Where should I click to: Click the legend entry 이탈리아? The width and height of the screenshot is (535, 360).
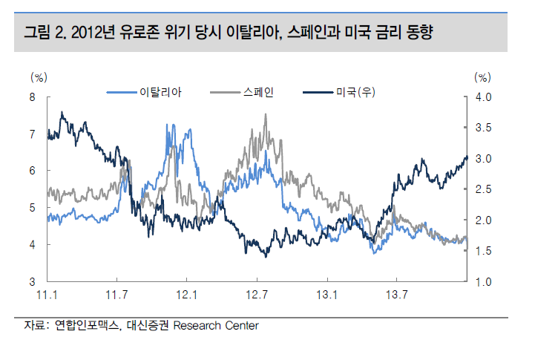(156, 92)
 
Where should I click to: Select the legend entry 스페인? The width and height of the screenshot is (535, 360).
(258, 92)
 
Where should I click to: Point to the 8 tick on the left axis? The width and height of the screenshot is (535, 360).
(33, 96)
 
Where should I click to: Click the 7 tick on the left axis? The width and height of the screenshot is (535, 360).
(33, 134)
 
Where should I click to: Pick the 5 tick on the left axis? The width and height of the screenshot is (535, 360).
(33, 208)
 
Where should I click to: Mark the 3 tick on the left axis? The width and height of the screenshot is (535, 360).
(33, 282)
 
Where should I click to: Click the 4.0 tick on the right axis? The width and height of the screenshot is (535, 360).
(483, 96)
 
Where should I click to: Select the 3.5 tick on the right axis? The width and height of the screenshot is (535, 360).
(483, 128)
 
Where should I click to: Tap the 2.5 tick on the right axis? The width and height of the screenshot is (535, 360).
(483, 189)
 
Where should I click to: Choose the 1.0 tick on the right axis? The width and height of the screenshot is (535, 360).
(483, 282)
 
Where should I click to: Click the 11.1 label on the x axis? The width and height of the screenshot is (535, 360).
(47, 295)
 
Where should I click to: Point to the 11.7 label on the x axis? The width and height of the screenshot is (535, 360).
(116, 295)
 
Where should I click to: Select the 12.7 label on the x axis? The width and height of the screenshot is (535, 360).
(256, 295)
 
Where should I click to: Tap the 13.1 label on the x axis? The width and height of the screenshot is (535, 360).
(326, 295)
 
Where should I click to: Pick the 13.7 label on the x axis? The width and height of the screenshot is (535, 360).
(396, 295)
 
